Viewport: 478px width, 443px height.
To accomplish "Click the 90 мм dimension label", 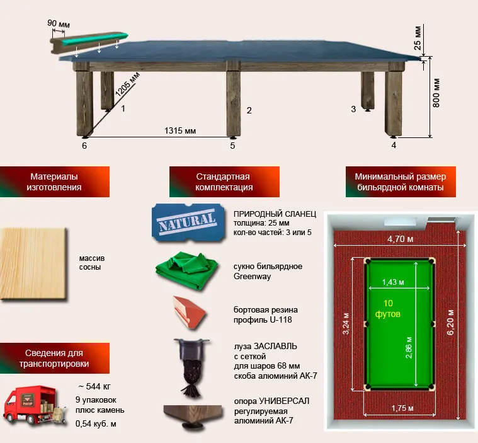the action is click(59, 23).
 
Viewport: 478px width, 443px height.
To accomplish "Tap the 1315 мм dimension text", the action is click(180, 130).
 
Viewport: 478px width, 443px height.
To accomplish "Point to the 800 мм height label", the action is click(436, 93).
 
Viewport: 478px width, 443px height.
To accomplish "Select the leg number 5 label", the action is click(232, 146).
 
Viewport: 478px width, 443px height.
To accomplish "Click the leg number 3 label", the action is click(353, 109).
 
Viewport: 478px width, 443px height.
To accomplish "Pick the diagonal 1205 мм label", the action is click(127, 84).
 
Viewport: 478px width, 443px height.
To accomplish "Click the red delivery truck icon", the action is click(35, 405).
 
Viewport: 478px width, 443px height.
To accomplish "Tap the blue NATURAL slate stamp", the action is click(188, 222).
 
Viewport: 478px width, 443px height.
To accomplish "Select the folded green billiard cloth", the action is click(186, 270).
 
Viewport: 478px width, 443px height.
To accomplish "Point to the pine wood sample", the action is click(33, 263).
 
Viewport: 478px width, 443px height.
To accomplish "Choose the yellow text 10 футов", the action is click(388, 308).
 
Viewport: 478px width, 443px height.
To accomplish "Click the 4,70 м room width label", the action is click(401, 239).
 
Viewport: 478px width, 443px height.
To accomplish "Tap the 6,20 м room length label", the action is click(450, 323).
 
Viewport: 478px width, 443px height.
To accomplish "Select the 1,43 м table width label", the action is click(393, 282).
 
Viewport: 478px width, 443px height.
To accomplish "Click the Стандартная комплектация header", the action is click(224, 182).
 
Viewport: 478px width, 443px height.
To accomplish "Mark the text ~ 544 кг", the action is click(94, 386).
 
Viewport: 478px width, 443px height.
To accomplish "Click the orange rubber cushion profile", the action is click(190, 312).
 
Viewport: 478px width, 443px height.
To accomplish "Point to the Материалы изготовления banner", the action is click(54, 182).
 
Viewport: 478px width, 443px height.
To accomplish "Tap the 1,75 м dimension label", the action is click(402, 408).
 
